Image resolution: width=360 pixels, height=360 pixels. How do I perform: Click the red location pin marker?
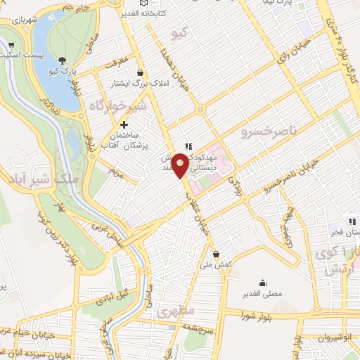point(180,164)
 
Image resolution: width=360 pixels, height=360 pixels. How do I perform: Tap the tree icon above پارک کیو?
point(63,60)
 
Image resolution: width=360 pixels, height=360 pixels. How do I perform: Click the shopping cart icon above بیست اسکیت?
point(10,44)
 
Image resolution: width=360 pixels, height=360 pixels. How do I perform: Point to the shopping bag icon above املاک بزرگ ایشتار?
point(141,72)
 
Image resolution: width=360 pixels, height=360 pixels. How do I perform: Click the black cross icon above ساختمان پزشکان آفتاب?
point(124,124)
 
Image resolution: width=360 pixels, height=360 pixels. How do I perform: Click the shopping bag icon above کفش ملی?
point(215,255)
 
